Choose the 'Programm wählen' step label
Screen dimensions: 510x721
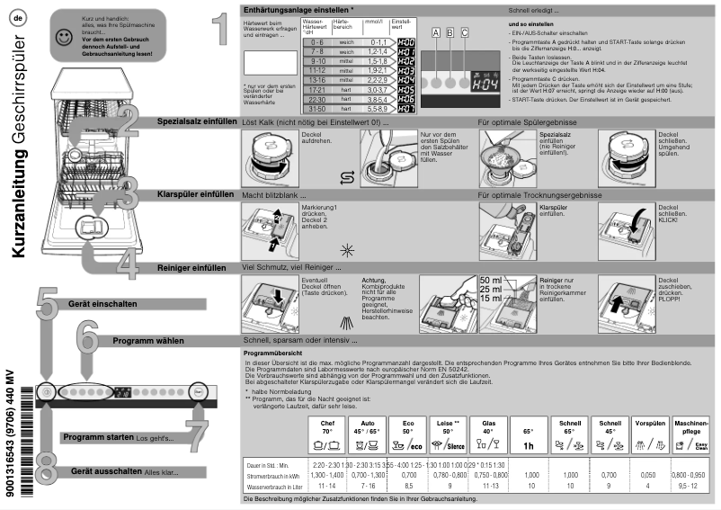pyautogui.click(x=147, y=341)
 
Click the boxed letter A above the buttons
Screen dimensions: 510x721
pyautogui.click(x=437, y=32)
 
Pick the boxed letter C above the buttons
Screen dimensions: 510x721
pyautogui.click(x=464, y=32)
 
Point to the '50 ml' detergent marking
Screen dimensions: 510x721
pyautogui.click(x=491, y=281)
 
